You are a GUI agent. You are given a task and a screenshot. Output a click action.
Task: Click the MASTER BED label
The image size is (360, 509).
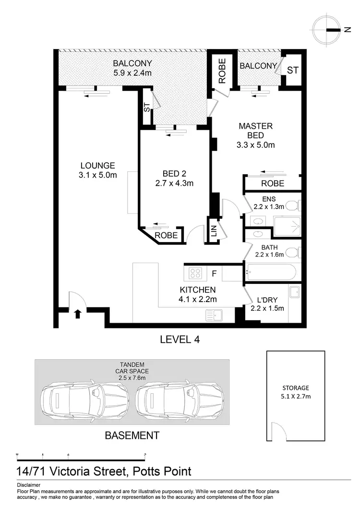tap(256, 131)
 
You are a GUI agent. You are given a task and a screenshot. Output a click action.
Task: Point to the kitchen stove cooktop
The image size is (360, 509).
tap(195, 273)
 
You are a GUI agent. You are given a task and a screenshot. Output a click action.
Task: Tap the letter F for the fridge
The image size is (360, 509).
tap(215, 274)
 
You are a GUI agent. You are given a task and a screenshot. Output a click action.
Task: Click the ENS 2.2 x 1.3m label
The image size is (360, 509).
tap(269, 202)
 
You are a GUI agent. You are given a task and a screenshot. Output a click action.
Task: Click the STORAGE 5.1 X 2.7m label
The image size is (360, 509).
tap(295, 392)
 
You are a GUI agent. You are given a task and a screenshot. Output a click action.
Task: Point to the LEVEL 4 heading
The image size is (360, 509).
tap(180, 339)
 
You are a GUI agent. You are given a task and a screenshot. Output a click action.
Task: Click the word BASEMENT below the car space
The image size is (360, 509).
tap(132, 436)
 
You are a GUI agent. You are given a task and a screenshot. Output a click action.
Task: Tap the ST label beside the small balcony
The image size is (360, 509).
tap(292, 70)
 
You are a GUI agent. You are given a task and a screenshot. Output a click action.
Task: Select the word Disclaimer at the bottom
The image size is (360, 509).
tap(28, 485)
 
